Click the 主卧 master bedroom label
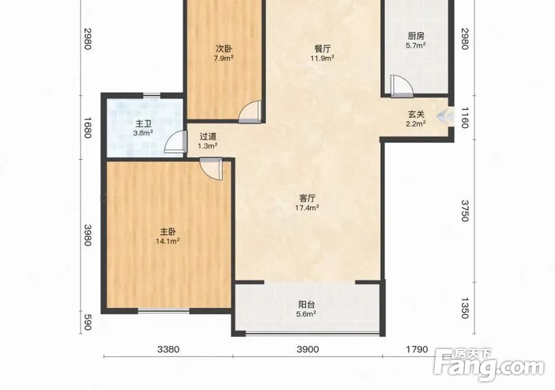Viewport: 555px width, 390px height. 168,232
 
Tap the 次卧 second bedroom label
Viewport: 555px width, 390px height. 224,49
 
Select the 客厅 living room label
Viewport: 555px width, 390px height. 307,198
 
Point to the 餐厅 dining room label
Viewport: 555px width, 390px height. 323,49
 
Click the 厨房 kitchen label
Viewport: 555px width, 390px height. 416,36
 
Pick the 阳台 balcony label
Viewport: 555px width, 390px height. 307,304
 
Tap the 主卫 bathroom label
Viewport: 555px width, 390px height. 144,124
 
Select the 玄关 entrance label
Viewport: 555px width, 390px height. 416,114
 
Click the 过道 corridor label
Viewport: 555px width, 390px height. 208,137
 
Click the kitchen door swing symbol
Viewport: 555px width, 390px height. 402,86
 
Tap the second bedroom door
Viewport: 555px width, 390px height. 250,112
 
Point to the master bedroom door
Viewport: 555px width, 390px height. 211,169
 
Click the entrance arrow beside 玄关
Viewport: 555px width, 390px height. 444,116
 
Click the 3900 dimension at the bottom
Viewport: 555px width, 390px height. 308,350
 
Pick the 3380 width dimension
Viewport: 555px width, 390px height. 168,350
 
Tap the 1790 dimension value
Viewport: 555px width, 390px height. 417,350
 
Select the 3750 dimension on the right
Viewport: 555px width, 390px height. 465,211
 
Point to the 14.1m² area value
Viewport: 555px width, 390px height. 168,241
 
